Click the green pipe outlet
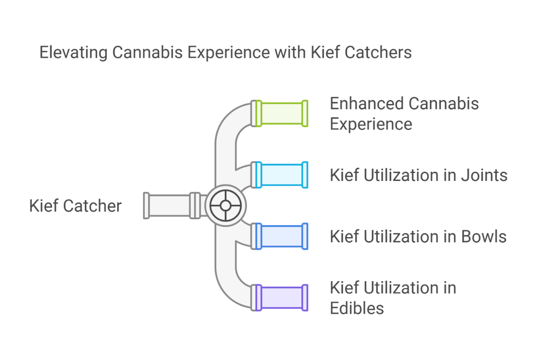(x=281, y=114)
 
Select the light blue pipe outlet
(x=281, y=175)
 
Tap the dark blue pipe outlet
(x=281, y=236)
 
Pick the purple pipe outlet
(x=281, y=297)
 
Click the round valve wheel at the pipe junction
(x=225, y=205)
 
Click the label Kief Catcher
(x=75, y=206)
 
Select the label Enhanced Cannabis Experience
(x=404, y=114)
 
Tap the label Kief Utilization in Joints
(x=418, y=175)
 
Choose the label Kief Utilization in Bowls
(x=418, y=237)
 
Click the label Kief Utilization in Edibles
(x=393, y=297)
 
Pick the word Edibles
(x=357, y=308)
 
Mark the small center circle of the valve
(x=225, y=205)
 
